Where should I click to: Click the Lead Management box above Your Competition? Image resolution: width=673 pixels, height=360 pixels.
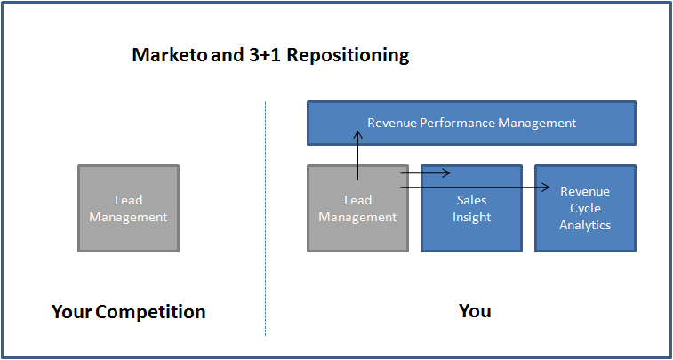128,208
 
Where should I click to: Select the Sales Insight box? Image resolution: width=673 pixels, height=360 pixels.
471,208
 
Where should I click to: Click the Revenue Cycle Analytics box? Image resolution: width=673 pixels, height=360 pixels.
585,208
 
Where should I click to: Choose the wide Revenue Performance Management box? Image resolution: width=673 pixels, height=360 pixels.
471,123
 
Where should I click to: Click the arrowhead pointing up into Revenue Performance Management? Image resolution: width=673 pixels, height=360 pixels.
357,136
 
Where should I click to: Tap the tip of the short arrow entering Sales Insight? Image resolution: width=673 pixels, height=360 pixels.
451,173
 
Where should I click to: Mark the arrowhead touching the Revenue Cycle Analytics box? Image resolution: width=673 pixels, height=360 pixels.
546,188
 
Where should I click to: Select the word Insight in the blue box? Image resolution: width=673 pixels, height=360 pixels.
471,217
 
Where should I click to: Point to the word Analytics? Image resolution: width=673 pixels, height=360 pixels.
585,225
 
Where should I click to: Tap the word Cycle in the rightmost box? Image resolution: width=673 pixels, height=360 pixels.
585,208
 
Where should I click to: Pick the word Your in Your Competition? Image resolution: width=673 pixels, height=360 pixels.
72,312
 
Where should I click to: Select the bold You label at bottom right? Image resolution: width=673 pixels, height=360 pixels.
475,311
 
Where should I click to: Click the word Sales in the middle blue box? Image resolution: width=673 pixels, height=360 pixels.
471,201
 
